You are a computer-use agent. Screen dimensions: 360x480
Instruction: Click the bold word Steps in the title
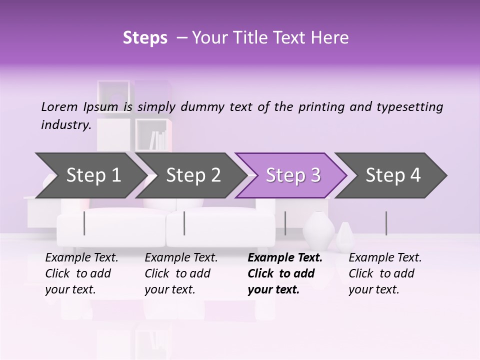click(145, 38)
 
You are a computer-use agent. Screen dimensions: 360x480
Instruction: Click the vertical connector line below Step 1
click(84, 223)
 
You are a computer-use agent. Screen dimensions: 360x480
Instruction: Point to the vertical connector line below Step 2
click(184, 223)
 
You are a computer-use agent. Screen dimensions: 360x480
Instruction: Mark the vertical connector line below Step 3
click(285, 223)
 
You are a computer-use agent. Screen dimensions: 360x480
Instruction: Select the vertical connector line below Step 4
click(386, 223)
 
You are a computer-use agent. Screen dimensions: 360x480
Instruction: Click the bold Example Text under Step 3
click(285, 258)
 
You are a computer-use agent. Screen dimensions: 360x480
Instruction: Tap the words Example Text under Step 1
click(81, 258)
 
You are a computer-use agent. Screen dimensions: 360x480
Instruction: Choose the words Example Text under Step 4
click(385, 258)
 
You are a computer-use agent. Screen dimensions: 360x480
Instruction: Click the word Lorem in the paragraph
click(59, 106)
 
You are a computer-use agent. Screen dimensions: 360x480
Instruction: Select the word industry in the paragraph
click(65, 125)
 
